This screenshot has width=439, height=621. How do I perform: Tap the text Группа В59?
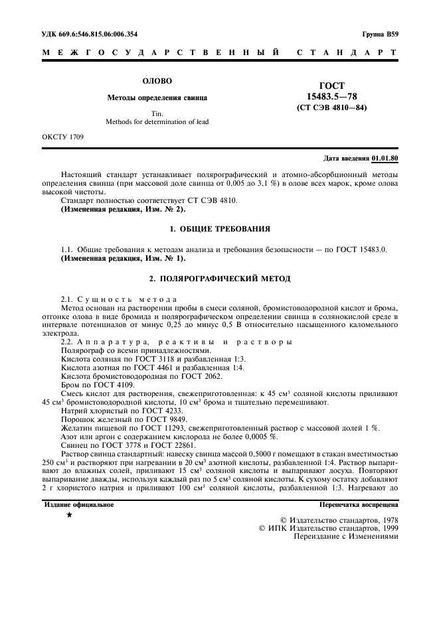point(381,33)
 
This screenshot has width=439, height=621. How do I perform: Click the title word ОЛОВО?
point(157,81)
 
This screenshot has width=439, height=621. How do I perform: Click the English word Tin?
point(157,113)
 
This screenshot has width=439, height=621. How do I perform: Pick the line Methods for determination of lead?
point(157,122)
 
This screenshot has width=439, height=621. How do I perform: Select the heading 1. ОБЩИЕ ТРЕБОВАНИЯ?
point(219,229)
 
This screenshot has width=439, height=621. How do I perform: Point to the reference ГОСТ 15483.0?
point(365,249)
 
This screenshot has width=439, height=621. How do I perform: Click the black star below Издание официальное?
point(69,514)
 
